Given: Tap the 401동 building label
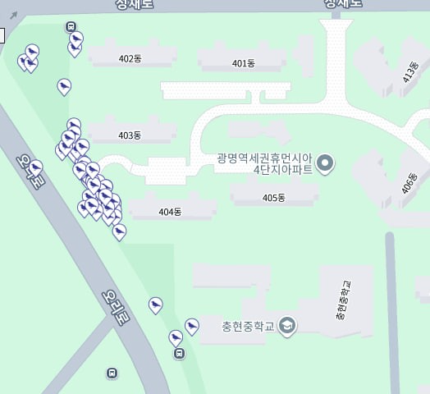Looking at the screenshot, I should pyautogui.click(x=244, y=63).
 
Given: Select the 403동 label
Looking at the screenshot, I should pyautogui.click(x=130, y=135).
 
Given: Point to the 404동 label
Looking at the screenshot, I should pyautogui.click(x=169, y=212).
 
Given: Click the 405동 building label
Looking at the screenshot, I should pyautogui.click(x=274, y=198).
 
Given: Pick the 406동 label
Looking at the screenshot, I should pyautogui.click(x=409, y=183).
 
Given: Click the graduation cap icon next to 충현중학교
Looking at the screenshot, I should pyautogui.click(x=286, y=326).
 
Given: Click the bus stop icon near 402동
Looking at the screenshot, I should pyautogui.click(x=71, y=26).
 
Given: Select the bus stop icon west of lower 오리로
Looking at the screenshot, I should pyautogui.click(x=112, y=373).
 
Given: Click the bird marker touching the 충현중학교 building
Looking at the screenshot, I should pyautogui.click(x=192, y=326).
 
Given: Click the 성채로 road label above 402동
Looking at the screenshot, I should pyautogui.click(x=136, y=4).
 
